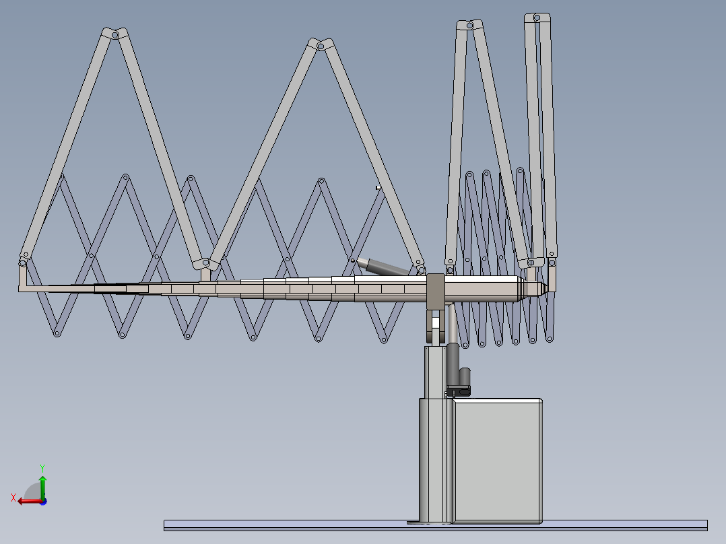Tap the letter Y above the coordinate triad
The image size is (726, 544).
(42, 467)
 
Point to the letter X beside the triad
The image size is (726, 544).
(13, 498)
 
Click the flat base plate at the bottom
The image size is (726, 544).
(435, 525)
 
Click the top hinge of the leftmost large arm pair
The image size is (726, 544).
(115, 33)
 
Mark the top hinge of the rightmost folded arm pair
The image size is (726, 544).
(537, 17)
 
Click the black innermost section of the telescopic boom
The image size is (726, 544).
(121, 289)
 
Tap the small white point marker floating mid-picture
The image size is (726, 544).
(378, 188)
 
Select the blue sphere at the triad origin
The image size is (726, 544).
(42, 501)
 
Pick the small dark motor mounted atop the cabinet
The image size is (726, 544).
(464, 381)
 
